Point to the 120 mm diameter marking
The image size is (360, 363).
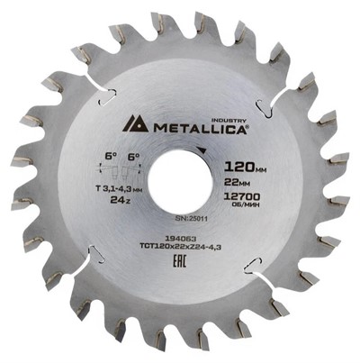tap(240, 168)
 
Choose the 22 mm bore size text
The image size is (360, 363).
tap(236, 185)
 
